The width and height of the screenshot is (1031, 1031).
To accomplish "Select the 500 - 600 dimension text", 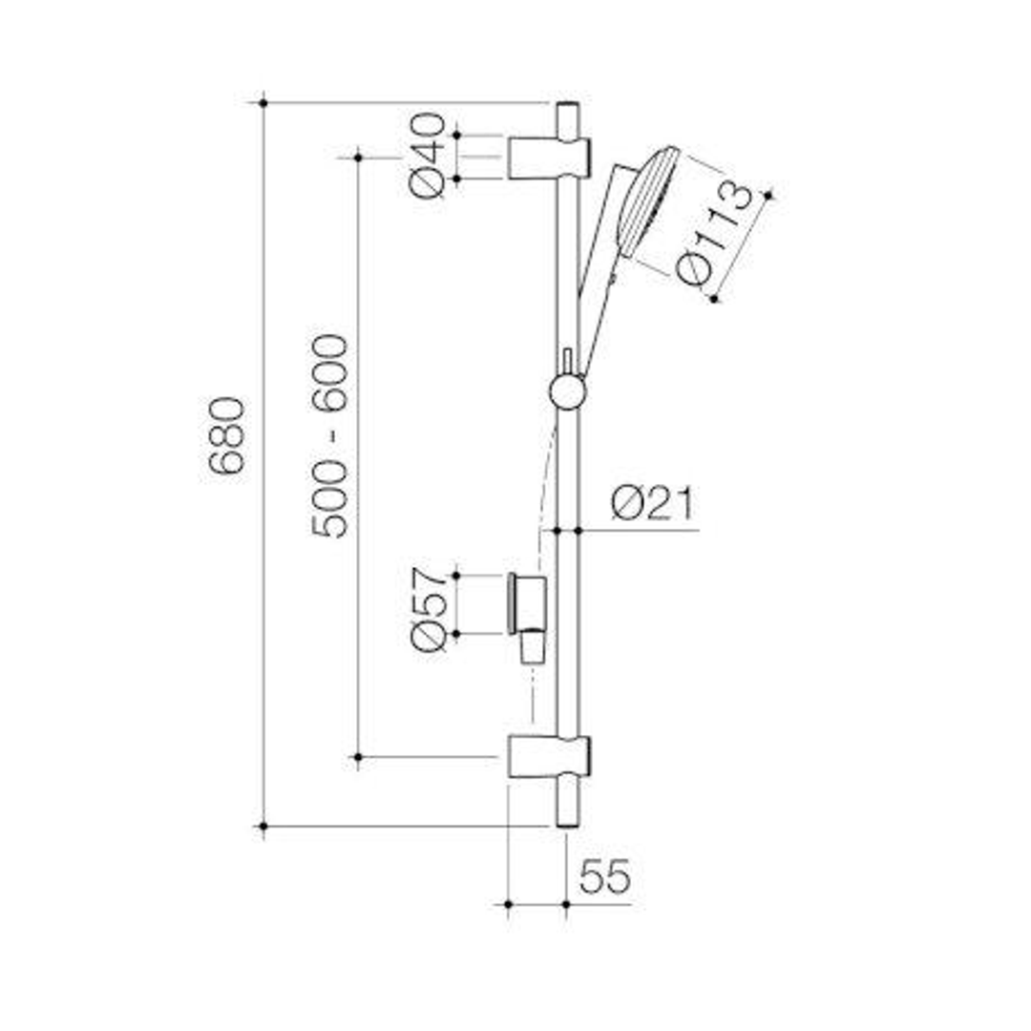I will coord(332,435).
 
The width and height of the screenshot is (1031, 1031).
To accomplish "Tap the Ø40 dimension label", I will coord(429,155).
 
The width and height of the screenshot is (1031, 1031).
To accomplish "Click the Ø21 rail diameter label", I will coord(653,503).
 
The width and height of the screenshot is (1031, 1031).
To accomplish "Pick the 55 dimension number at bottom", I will coord(605,875).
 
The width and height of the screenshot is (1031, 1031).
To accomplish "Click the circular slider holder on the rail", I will coord(567,391).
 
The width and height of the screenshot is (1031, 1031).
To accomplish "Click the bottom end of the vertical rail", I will coord(566,813).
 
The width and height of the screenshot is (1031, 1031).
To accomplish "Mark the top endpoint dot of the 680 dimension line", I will coord(263,102).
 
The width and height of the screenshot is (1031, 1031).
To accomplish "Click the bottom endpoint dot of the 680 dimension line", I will coord(263,826).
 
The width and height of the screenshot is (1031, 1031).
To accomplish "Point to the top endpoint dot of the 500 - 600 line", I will coord(358,156).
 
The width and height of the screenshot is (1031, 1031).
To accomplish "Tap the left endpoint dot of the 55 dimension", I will coord(508,902).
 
